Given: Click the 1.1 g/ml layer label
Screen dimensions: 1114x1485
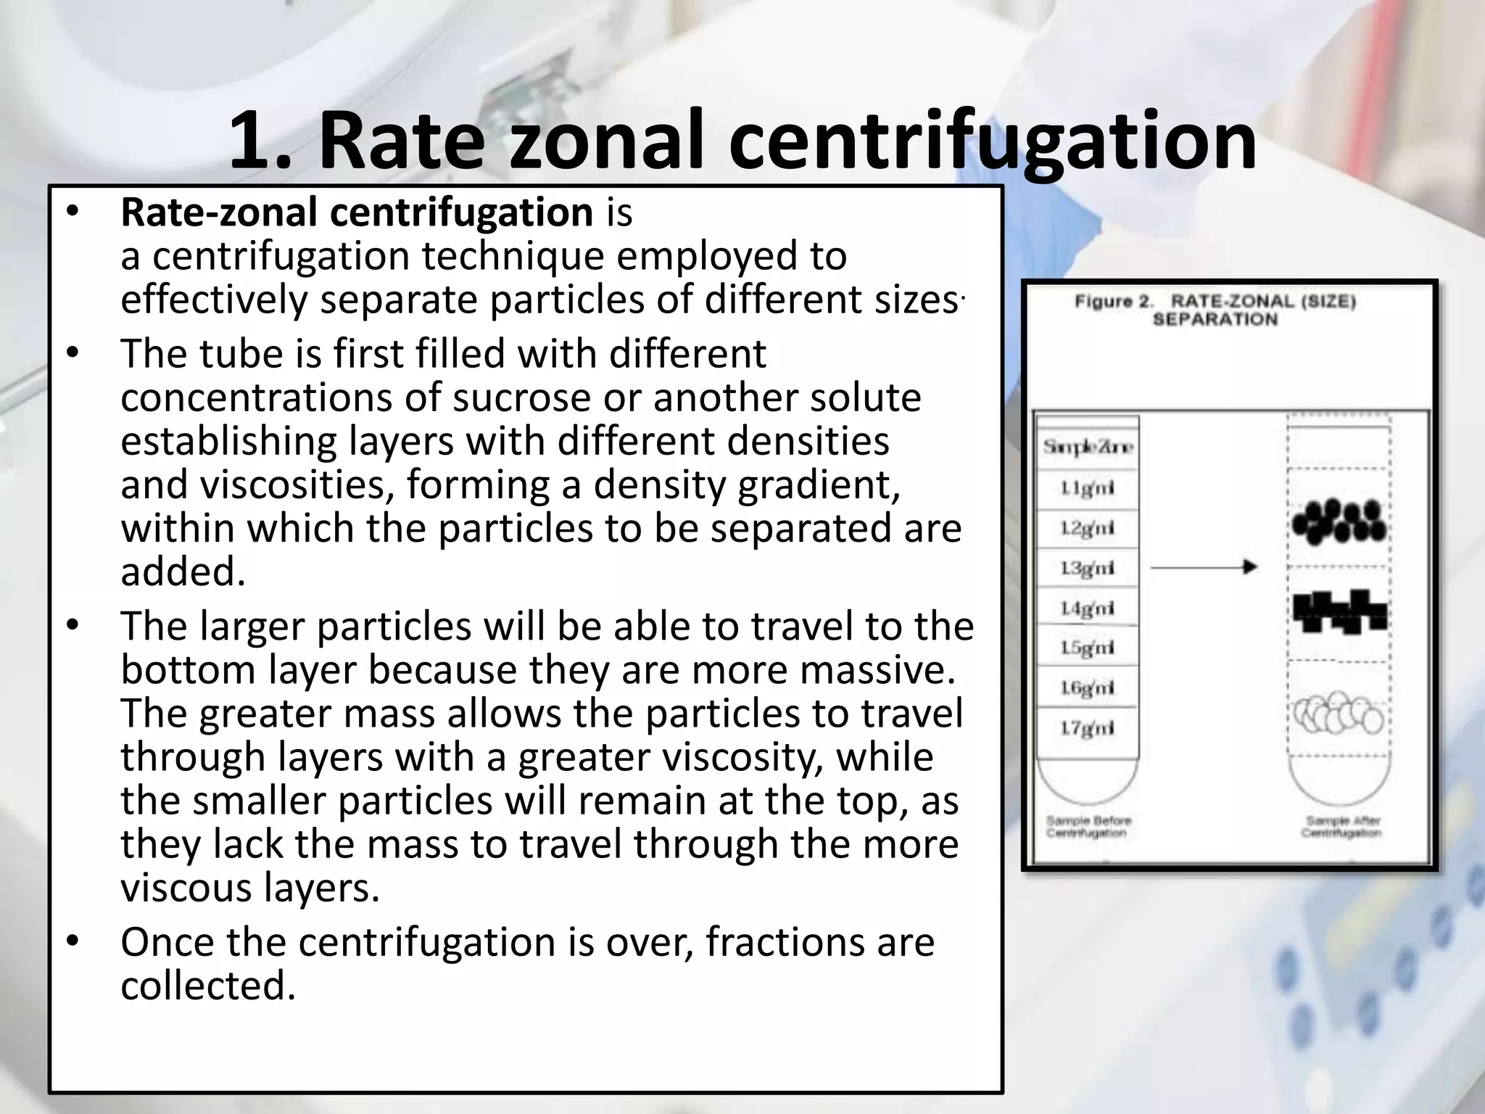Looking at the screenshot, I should (1087, 488).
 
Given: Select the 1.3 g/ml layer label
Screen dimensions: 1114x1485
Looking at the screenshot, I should (1087, 568).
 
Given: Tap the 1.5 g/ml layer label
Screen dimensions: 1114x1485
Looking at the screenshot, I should (1087, 647).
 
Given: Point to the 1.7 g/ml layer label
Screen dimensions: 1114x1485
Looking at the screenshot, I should (1087, 727).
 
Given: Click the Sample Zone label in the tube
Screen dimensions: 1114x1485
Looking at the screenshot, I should (1087, 447).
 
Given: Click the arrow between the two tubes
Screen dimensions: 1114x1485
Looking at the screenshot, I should (1204, 567).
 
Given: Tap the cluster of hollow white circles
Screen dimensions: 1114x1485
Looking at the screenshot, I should (1339, 714).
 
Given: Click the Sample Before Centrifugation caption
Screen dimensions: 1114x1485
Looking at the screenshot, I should (1088, 826).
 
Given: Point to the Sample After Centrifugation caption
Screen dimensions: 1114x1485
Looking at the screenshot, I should (1342, 826).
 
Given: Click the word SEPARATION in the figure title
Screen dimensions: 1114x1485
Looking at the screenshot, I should (1215, 319).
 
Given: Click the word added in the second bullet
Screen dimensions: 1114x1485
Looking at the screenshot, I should (183, 572).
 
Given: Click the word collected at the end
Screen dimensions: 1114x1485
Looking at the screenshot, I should (208, 986).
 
